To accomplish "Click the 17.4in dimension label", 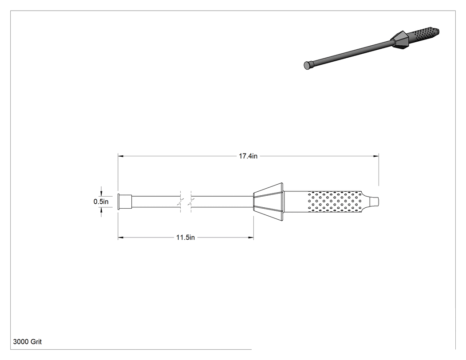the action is (x=248, y=156).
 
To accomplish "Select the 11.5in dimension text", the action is (x=186, y=237).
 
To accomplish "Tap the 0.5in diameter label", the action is (x=101, y=202).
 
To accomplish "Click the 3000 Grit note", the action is (x=28, y=342).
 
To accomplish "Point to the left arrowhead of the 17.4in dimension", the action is (x=120, y=156).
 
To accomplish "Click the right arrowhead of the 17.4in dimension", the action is (x=376, y=156).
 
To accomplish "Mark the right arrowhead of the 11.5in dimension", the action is (x=251, y=237).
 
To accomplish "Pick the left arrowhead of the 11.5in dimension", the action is (x=120, y=237).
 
